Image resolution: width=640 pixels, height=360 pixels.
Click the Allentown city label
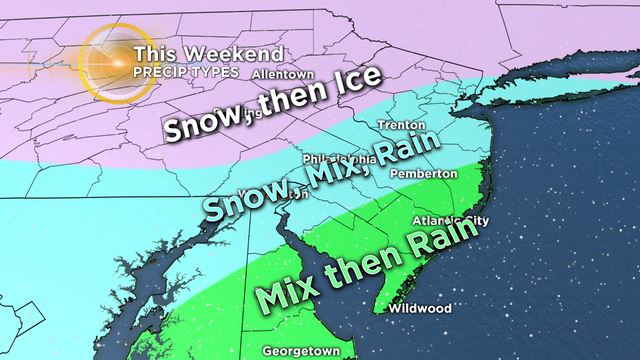[x=284, y=74]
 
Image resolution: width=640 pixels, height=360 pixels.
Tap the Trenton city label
[x=397, y=125]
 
